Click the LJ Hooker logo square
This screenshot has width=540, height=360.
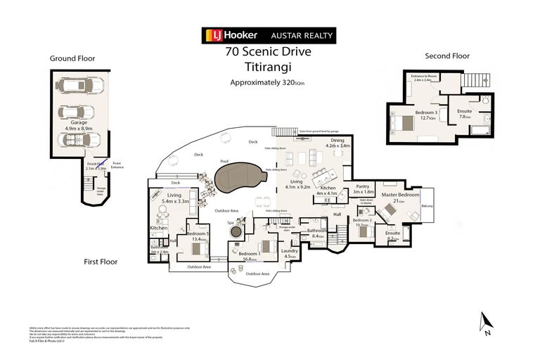pos(210,35)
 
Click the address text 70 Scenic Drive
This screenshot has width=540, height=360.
pos(268,51)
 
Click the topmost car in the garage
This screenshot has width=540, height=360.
pos(83,86)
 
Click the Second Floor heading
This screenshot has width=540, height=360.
pos(446,56)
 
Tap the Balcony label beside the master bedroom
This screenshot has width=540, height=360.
pos(427,206)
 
